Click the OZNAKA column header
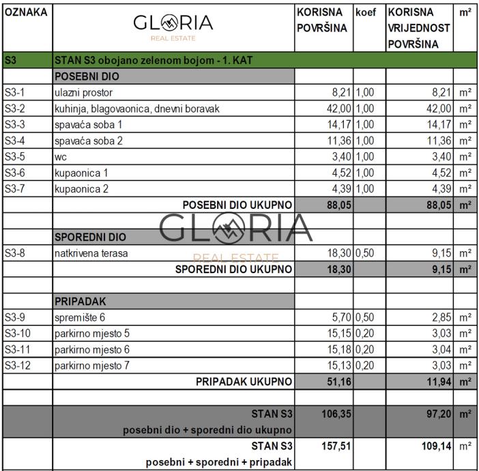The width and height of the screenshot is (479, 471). [26, 13]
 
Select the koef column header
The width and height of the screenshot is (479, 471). [366, 13]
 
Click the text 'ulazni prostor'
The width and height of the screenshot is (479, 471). [83, 93]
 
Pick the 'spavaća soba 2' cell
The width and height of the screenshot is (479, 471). [88, 141]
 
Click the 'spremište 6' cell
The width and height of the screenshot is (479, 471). [80, 317]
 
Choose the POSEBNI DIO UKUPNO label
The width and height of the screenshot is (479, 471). [237, 205]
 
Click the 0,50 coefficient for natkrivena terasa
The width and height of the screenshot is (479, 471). [365, 253]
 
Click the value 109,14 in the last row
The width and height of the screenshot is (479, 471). [434, 446]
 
